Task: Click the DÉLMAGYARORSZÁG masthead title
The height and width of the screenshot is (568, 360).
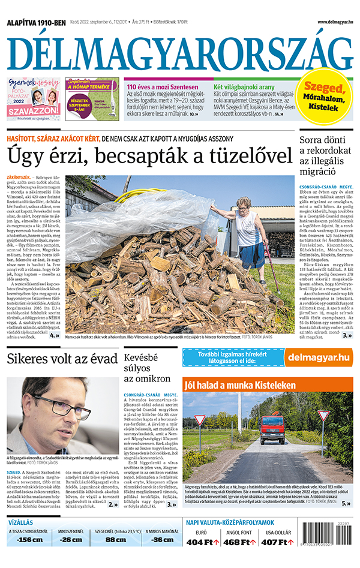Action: click(179, 51)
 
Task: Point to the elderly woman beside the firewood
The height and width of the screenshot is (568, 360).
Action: click(248, 231)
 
